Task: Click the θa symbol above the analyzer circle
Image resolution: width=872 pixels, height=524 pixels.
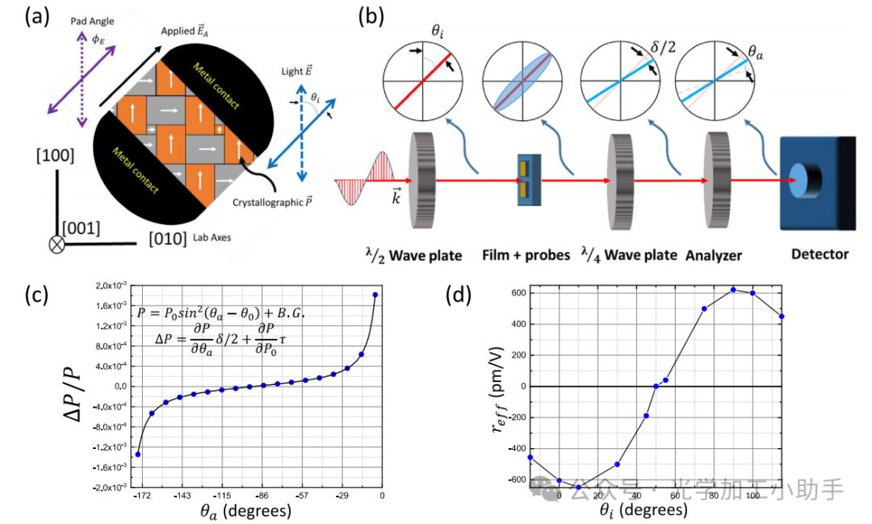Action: pyautogui.click(x=756, y=52)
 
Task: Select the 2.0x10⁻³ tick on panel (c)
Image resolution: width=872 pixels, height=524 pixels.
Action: pyautogui.click(x=108, y=286)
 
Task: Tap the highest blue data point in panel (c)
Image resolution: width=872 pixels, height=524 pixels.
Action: pyautogui.click(x=375, y=295)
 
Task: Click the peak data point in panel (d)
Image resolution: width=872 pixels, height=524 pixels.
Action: pyautogui.click(x=733, y=290)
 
